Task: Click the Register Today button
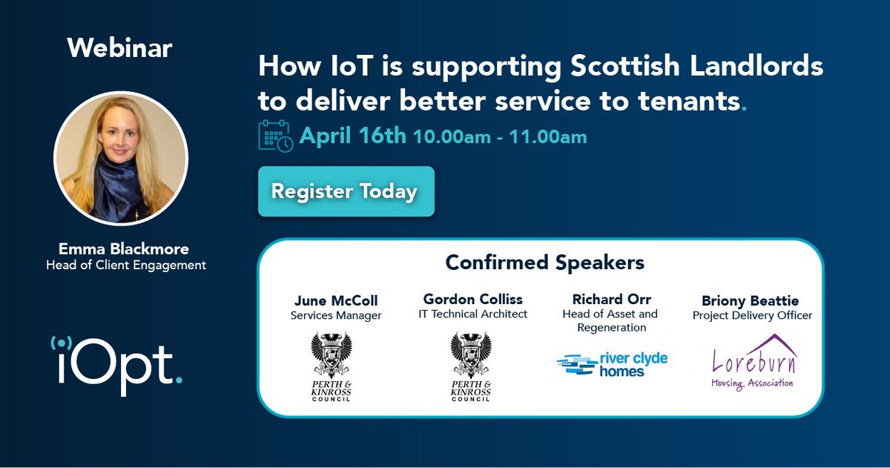(x=346, y=191)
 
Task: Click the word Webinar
(x=119, y=48)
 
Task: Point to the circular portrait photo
(x=121, y=158)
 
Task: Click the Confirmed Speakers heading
(x=544, y=263)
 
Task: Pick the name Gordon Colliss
(x=472, y=300)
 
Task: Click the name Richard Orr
(x=611, y=300)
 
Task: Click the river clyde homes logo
(x=612, y=364)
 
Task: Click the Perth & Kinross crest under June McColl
(x=332, y=366)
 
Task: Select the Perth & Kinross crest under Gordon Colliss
(x=471, y=366)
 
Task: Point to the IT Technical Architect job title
(x=472, y=314)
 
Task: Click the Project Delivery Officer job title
(x=752, y=315)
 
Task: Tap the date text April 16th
(x=352, y=136)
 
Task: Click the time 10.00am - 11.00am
(x=500, y=137)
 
